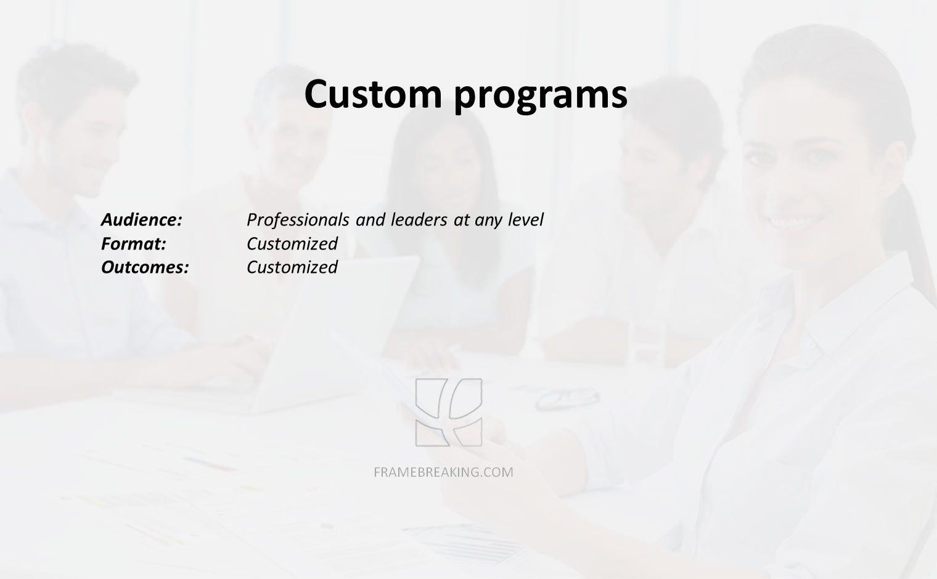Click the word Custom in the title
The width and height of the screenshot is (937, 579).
[x=373, y=94]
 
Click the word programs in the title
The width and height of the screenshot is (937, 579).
[x=541, y=97]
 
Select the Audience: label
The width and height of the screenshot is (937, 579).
[x=142, y=219]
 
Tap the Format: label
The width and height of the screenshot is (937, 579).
[x=133, y=243]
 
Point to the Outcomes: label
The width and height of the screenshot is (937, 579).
[x=145, y=267]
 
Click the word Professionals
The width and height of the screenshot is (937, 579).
[x=298, y=220]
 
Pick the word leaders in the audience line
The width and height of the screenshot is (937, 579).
[x=419, y=219]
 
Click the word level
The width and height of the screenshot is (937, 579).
[x=525, y=219]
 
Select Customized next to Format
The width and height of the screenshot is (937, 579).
[x=292, y=243]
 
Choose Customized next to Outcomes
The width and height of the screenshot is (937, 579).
[x=292, y=267]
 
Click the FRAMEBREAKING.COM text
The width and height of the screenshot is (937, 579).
[x=443, y=472]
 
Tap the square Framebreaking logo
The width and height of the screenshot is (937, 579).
[x=449, y=412]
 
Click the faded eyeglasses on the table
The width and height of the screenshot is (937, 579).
[x=567, y=399]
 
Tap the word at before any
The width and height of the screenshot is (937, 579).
[x=461, y=221]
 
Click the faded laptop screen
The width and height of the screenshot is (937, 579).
[x=339, y=330]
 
